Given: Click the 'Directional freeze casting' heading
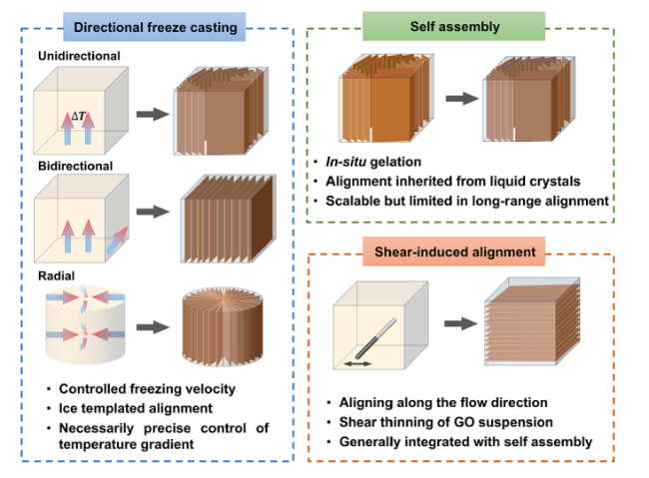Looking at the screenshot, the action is pos(155,27).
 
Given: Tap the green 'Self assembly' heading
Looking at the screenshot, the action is pos(455,27).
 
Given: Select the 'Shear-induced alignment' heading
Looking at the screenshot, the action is pos(455,251).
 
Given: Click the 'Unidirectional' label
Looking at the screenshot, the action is pos(79,56).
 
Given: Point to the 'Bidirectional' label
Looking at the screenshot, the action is pos(75,166).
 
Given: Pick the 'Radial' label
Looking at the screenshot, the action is pos(56,276).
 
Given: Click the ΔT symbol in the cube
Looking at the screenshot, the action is pos(78,116).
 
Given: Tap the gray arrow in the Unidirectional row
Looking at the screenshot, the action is pos(153,114).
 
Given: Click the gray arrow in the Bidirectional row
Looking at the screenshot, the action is pos(153,212).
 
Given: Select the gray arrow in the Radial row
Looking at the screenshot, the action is pos(153,327).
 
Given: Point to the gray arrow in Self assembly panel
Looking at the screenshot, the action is pos(462,99).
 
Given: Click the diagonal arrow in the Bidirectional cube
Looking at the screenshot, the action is pos(117,240).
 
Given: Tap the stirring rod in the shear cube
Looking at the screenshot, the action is pos(375,337).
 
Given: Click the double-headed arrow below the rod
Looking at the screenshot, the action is pos(358,364).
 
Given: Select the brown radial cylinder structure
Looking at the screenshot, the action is pos(223,327).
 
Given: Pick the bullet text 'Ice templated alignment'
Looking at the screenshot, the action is pos(136,408).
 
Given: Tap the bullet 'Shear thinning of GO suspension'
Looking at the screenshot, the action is pos(445,422).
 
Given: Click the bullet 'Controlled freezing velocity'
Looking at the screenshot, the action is pos(147,389).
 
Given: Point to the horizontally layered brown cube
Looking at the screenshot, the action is pos(532,321).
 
